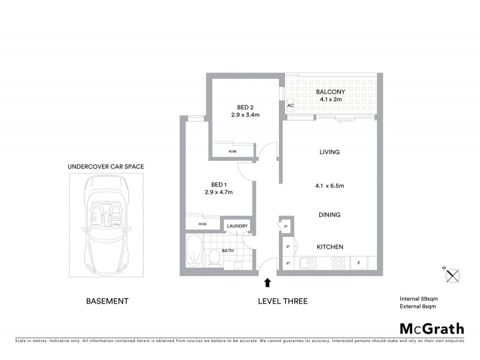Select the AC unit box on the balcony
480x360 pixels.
pyautogui.click(x=290, y=106)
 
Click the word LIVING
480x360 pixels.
pyautogui.click(x=329, y=152)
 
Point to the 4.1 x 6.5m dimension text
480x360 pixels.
pyautogui.click(x=329, y=185)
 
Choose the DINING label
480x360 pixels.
pyautogui.click(x=329, y=215)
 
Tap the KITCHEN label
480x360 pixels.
pyautogui.click(x=329, y=247)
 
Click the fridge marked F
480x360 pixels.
pyautogui.click(x=359, y=263)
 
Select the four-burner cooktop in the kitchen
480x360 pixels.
pyautogui.click(x=338, y=263)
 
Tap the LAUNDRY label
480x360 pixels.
pyautogui.click(x=237, y=226)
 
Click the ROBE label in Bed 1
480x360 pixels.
pyautogui.click(x=203, y=224)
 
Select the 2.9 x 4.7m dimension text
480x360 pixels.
pyautogui.click(x=218, y=192)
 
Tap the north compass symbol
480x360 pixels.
pyautogui.click(x=454, y=275)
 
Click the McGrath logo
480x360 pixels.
pyautogui.click(x=431, y=328)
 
